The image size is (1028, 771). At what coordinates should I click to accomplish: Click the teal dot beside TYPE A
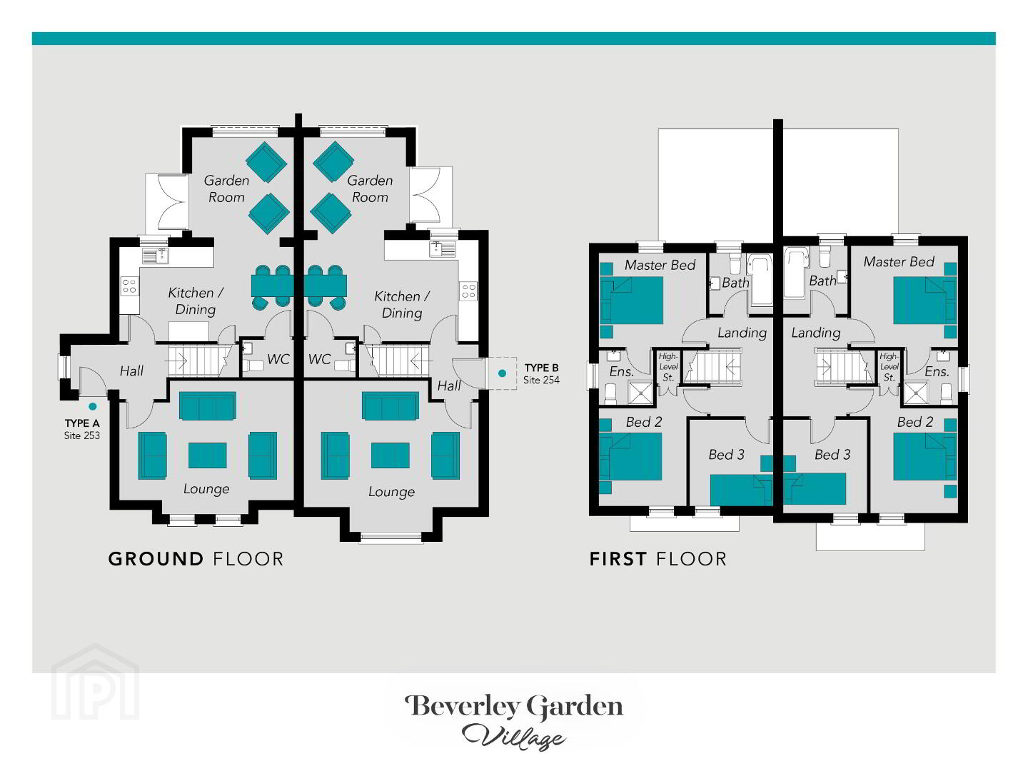[93, 406]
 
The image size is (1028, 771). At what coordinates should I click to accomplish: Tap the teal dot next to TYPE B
[502, 373]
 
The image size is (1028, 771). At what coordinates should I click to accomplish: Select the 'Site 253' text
[82, 435]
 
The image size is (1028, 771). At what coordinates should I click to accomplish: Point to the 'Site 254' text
[541, 380]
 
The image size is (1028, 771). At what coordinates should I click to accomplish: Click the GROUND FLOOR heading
[196, 559]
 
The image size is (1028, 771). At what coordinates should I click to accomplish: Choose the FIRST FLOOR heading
[658, 559]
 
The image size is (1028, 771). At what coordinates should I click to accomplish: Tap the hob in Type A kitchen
[130, 286]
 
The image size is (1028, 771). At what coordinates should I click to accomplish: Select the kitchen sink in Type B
[442, 248]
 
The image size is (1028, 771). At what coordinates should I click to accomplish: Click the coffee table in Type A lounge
[208, 455]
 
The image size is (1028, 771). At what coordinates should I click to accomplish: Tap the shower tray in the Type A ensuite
[640, 393]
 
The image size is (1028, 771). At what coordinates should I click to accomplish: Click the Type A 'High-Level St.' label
[668, 367]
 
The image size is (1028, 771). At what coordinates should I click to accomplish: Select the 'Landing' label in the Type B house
[816, 333]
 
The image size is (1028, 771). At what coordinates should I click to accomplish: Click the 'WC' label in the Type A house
[278, 360]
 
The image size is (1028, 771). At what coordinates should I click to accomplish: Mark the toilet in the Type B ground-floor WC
[344, 365]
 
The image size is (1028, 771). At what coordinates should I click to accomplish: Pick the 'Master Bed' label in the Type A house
[660, 266]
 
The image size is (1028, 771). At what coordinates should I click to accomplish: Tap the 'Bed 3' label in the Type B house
[832, 455]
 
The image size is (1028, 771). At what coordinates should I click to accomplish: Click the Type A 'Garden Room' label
[227, 188]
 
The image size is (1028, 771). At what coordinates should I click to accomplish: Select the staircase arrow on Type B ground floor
[421, 361]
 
